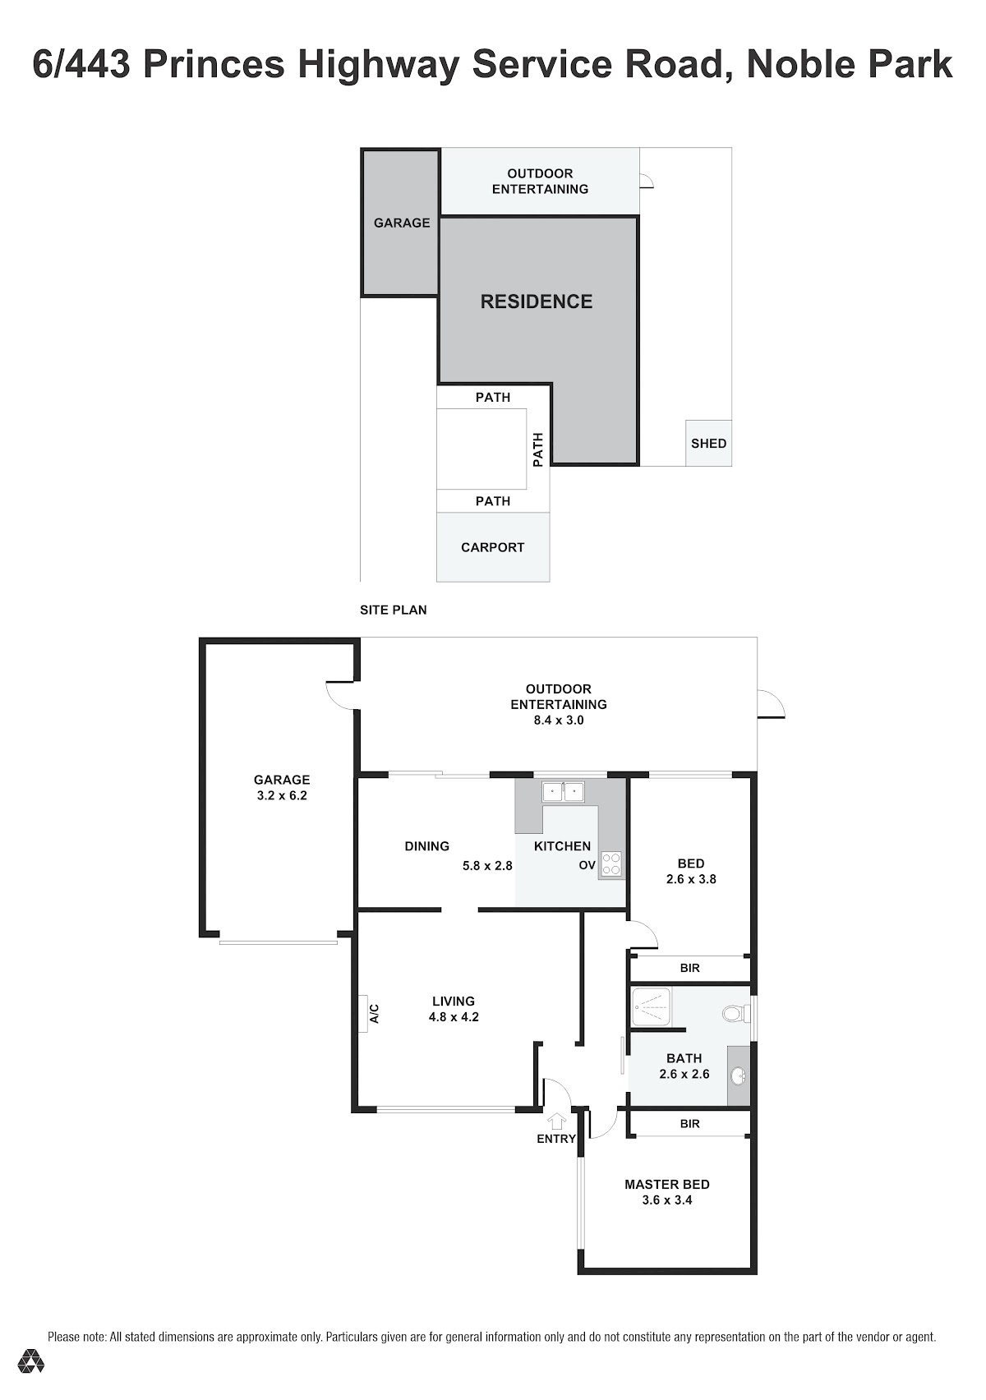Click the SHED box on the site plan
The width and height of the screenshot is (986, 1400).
708,443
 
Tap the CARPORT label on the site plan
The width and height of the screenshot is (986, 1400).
493,547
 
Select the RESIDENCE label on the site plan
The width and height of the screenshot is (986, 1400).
537,302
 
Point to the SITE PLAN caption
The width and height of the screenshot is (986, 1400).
394,610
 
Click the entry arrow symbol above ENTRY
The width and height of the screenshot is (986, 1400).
556,1121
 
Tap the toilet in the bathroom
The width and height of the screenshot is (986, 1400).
736,1012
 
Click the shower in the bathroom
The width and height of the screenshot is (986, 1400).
651,1007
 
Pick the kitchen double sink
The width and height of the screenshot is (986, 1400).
564,791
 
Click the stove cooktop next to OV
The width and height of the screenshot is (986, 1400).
610,864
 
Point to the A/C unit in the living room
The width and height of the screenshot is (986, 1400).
363,1013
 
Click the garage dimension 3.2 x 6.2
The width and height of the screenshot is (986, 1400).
282,795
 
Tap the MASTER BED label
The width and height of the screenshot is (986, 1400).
667,1185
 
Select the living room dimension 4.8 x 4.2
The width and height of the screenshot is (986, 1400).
454,1017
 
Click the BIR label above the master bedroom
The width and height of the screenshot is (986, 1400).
689,1124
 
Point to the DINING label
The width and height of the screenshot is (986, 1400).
427,846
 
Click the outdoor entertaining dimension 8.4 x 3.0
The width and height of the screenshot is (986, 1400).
559,720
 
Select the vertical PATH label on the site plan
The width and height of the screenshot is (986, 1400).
537,450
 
